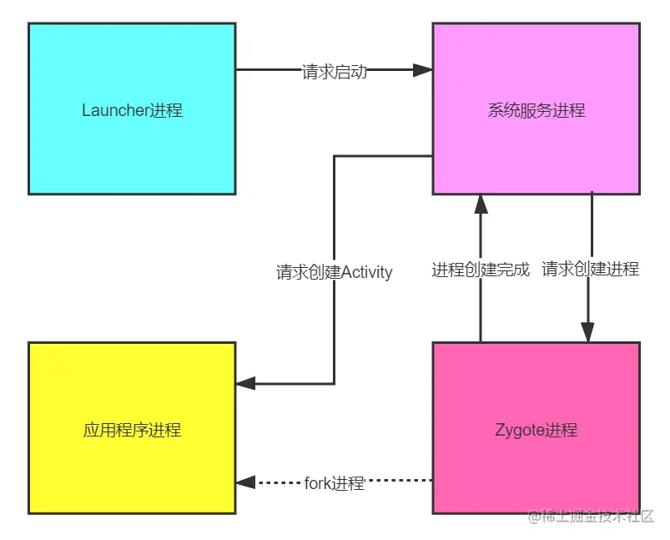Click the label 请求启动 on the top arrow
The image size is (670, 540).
point(334,72)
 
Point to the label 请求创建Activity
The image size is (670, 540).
point(334,272)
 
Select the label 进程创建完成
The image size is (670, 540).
point(481,270)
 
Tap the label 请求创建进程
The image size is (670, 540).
point(590,269)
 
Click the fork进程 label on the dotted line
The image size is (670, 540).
point(334,482)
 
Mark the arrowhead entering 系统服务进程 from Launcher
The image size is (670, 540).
point(423,71)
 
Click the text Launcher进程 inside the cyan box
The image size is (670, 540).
point(132,110)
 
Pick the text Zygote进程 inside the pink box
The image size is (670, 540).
point(536,430)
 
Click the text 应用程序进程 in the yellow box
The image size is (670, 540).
point(132,430)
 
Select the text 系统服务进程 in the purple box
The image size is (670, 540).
point(536,110)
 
